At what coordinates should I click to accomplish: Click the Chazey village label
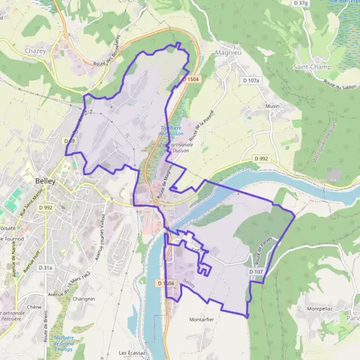click(x=35, y=51)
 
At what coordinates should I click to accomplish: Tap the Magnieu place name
click(x=228, y=53)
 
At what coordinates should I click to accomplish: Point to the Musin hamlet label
click(x=272, y=106)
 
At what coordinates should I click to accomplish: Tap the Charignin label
click(x=83, y=298)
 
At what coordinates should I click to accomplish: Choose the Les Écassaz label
click(x=131, y=352)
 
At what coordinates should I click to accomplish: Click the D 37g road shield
click(x=301, y=4)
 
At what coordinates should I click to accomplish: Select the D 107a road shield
click(x=252, y=80)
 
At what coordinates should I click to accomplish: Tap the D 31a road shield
click(x=46, y=268)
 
